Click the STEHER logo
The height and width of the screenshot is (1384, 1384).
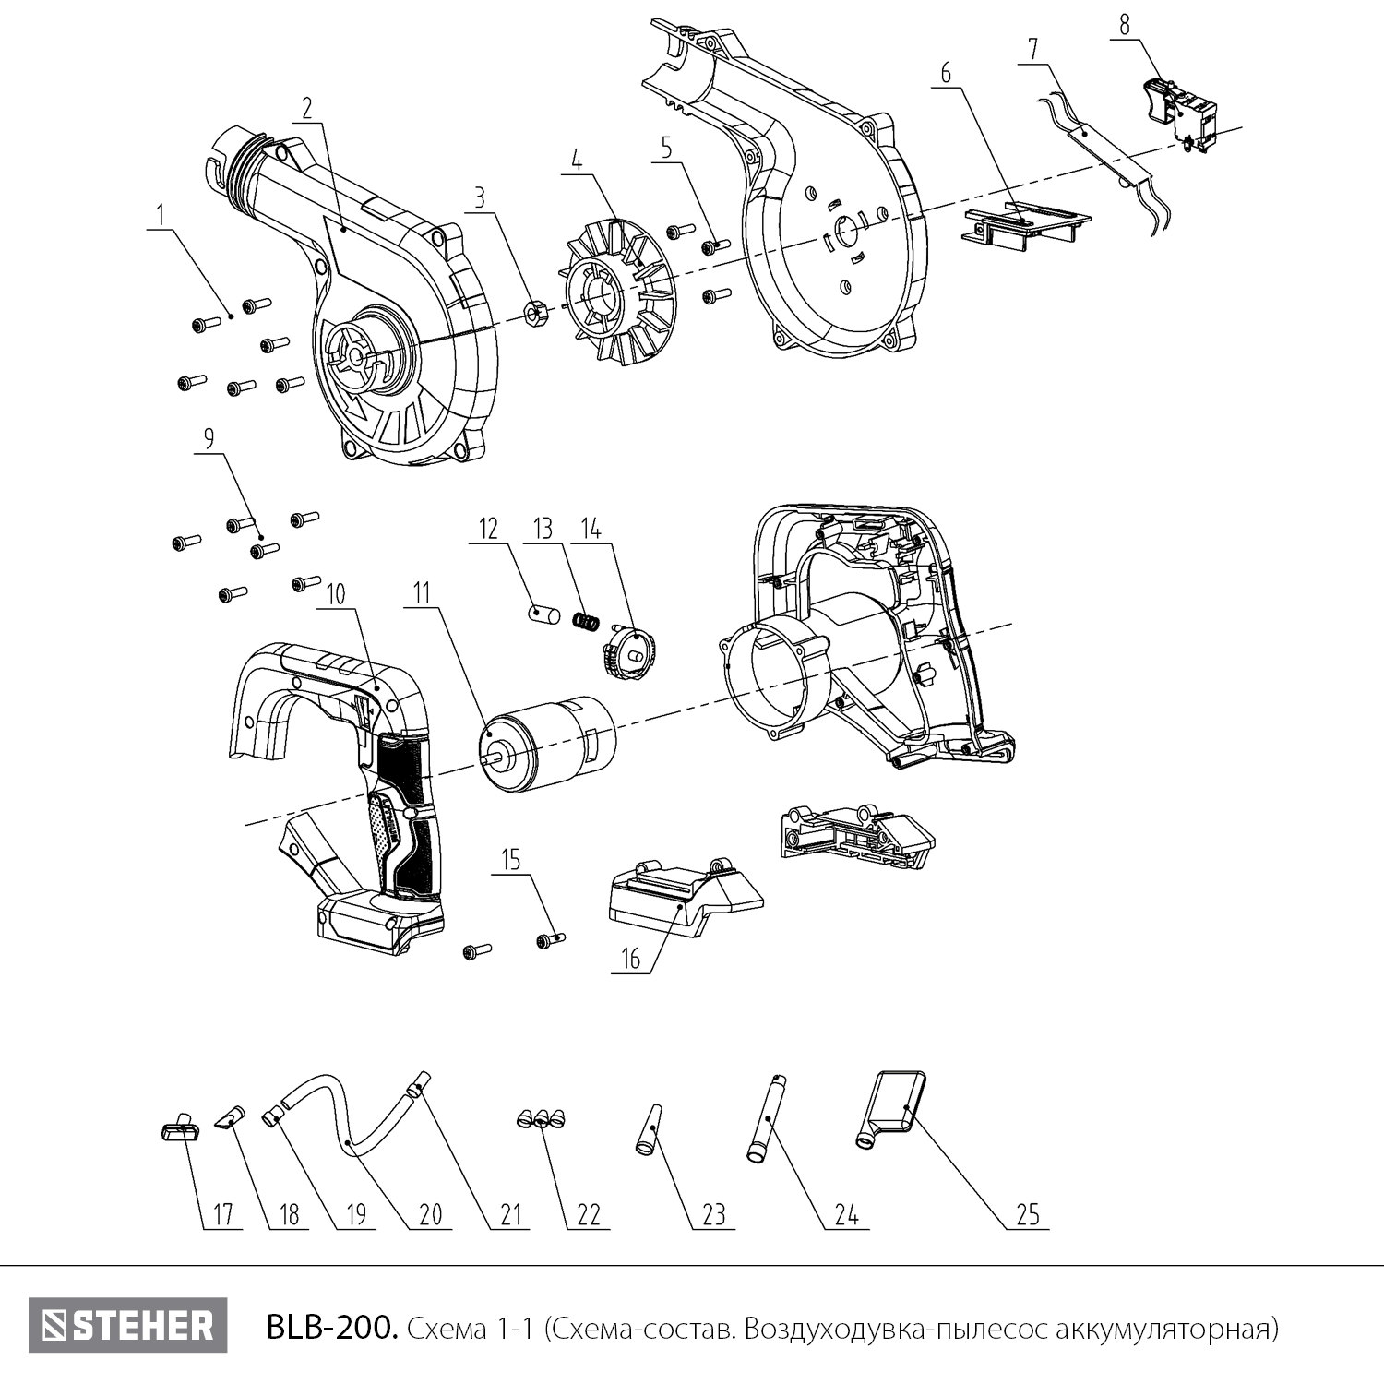127,1326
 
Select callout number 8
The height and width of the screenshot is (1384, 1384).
1124,25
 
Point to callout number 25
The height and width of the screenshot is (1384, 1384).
1028,1214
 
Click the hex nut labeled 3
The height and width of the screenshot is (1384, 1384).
531,314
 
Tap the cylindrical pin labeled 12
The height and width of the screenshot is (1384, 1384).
543,614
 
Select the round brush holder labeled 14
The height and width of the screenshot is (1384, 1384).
626,651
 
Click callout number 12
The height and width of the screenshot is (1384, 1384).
487,529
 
